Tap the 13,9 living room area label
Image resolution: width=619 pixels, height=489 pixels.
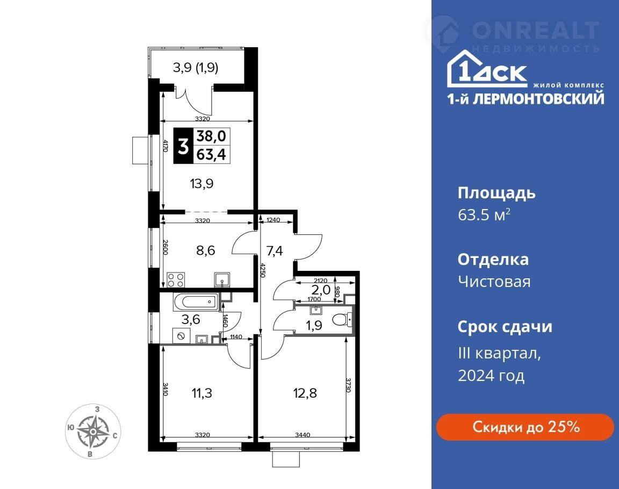(x=201, y=184)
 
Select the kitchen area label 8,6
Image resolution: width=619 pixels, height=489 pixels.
(x=206, y=250)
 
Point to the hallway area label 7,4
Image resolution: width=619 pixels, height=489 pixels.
(x=274, y=250)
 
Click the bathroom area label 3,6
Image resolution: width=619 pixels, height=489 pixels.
(x=191, y=319)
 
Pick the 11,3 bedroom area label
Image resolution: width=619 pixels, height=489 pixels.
(x=201, y=393)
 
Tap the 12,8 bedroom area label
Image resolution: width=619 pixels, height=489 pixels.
(x=305, y=393)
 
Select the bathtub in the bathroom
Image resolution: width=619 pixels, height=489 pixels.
(x=196, y=303)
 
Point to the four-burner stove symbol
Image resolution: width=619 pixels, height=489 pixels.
(x=175, y=280)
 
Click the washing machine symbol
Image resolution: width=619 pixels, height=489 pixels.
(x=182, y=336)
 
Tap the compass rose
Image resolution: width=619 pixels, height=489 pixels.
(x=93, y=432)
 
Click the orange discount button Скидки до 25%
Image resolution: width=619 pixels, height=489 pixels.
(x=525, y=427)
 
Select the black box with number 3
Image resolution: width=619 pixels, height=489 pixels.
(x=183, y=146)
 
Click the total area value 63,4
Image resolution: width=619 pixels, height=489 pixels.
(x=211, y=154)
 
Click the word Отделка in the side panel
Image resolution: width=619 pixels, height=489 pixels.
(x=493, y=260)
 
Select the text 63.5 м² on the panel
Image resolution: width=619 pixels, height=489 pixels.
(x=484, y=215)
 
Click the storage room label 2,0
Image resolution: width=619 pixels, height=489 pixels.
(x=321, y=290)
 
